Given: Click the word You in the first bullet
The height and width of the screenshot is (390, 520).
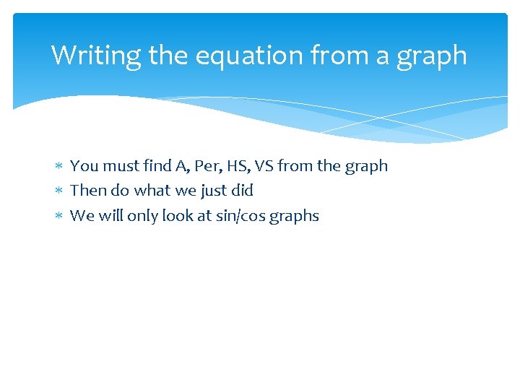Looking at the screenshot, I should pos(84,166).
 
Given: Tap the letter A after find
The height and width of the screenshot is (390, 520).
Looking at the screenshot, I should pos(181,166).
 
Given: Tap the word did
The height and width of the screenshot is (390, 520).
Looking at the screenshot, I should pos(242,191).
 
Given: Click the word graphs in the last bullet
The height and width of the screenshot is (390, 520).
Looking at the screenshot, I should pos(294,217).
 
